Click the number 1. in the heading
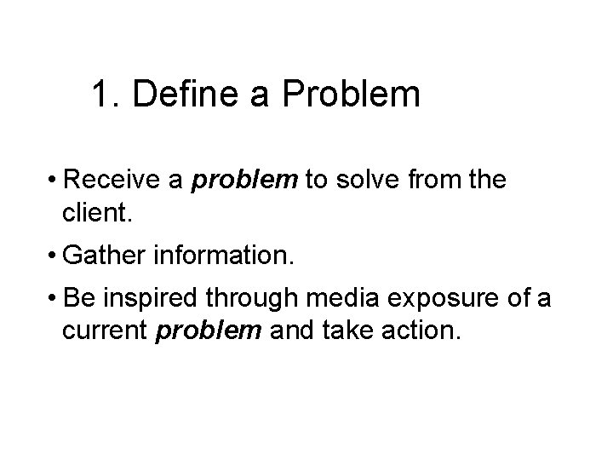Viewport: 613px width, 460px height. pyautogui.click(x=106, y=95)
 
